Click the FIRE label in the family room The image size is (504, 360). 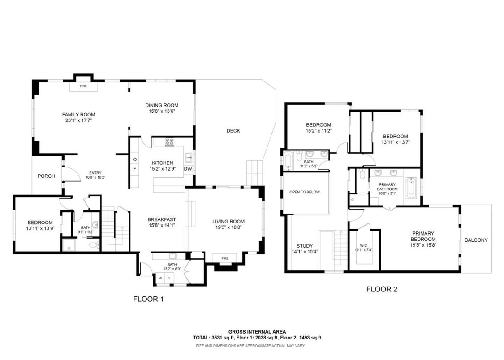tap(83, 86)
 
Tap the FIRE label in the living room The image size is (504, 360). tap(225, 258)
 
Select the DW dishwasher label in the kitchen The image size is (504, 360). tap(188, 169)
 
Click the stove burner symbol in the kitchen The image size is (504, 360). tap(170, 142)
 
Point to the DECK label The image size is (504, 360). tap(233, 131)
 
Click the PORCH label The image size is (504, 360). tap(46, 176)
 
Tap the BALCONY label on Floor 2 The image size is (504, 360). tap(476, 240)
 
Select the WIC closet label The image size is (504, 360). tap(363, 245)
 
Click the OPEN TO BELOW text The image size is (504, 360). tap(305, 192)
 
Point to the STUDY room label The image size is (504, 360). tap(305, 246)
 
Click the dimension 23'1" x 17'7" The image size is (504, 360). tap(78, 120)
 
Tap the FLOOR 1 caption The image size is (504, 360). tap(148, 299)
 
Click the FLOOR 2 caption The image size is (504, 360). tap(382, 289)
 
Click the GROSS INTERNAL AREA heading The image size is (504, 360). tap(257, 332)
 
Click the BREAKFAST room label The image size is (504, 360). tap(162, 219)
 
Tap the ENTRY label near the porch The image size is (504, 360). tap(95, 173)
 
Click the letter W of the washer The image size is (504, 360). tap(160, 278)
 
